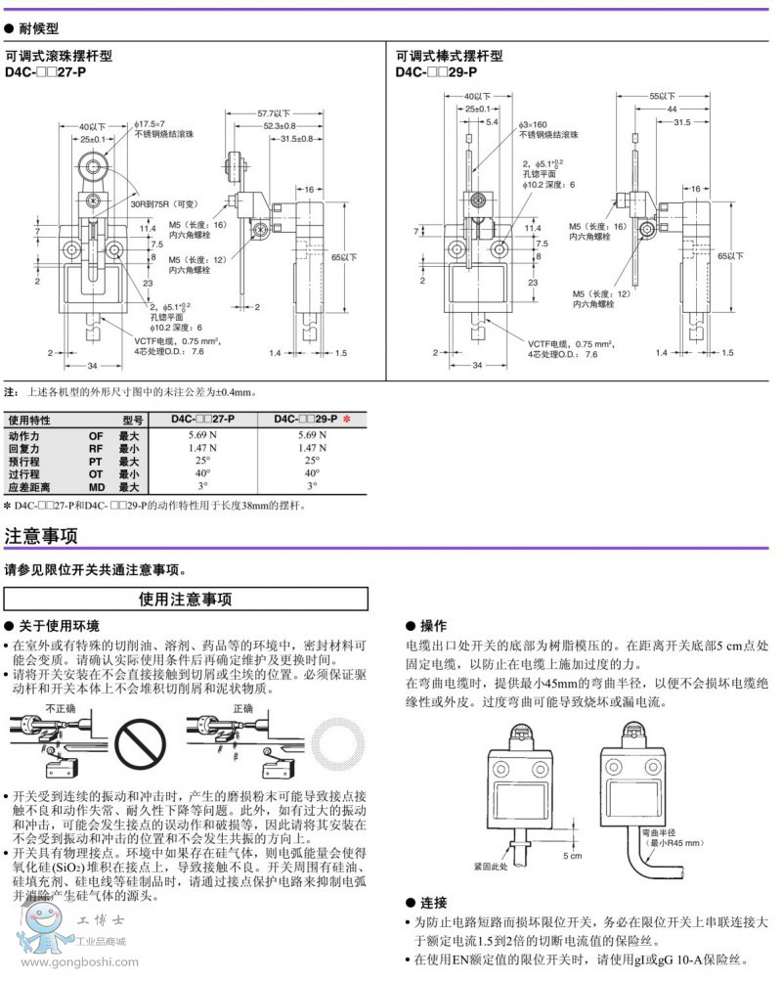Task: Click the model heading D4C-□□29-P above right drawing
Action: click(436, 71)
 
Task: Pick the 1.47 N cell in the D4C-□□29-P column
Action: click(312, 448)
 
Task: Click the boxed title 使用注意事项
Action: click(186, 599)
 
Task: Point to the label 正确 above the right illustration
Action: click(242, 707)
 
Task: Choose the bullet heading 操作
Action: click(432, 625)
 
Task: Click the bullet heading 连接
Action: click(432, 902)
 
